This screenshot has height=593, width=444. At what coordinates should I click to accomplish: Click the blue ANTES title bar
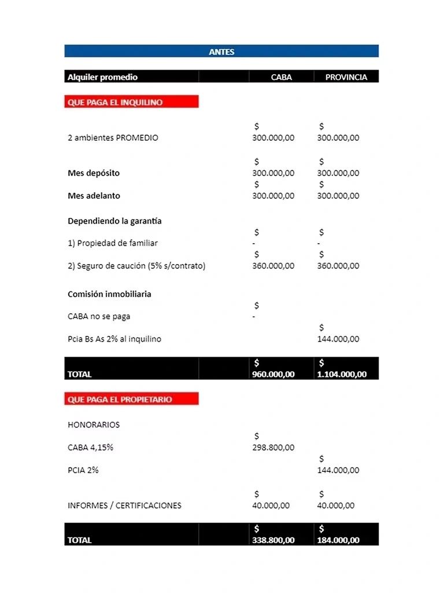(221, 52)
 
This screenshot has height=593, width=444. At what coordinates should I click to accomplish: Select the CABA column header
(282, 77)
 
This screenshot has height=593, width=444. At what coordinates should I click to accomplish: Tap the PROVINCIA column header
(346, 77)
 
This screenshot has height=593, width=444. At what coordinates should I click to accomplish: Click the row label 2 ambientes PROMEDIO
(113, 138)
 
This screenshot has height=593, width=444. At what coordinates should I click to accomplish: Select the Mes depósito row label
(94, 173)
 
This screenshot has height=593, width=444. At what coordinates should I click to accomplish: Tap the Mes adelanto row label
(94, 196)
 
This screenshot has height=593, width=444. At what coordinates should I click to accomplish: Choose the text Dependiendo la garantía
(114, 221)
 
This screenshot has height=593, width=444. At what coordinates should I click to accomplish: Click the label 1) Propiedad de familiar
(113, 243)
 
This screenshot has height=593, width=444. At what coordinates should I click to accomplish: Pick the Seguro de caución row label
(136, 266)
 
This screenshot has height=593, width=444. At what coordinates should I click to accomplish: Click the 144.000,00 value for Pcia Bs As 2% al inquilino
(338, 339)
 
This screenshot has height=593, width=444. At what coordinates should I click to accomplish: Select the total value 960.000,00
(273, 374)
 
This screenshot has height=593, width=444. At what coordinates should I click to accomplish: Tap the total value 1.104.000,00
(342, 374)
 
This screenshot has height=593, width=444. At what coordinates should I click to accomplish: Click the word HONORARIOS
(94, 424)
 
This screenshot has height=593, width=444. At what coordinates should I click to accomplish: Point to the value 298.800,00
(273, 447)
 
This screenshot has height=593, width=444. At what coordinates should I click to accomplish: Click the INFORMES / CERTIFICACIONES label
(124, 505)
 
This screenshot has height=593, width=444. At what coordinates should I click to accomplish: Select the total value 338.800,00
(273, 540)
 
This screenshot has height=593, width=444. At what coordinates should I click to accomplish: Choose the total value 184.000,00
(338, 540)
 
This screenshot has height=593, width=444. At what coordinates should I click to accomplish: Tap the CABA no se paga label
(99, 316)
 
